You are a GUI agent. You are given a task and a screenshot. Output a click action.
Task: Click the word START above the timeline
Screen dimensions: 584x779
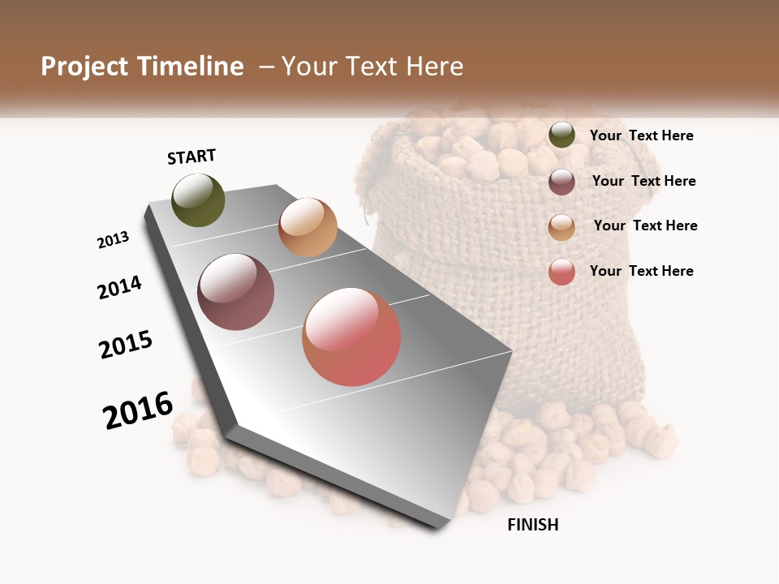(x=192, y=157)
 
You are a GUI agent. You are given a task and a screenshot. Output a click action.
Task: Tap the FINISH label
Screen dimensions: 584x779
(x=532, y=525)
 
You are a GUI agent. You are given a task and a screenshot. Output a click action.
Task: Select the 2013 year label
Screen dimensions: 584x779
(x=114, y=239)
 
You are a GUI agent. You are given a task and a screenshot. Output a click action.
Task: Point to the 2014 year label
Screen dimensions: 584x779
(x=119, y=287)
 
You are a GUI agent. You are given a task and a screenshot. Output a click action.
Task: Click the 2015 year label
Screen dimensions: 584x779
(x=126, y=345)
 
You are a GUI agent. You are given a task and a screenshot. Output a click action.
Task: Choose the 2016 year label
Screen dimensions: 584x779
(x=138, y=410)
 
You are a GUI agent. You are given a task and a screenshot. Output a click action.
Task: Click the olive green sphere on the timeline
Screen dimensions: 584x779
(x=199, y=200)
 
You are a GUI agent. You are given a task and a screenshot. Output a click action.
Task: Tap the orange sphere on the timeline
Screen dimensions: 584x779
(x=308, y=227)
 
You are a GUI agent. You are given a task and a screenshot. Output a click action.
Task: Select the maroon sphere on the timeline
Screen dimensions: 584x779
(x=236, y=292)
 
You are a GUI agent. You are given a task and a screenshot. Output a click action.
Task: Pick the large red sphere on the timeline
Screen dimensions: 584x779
(x=351, y=337)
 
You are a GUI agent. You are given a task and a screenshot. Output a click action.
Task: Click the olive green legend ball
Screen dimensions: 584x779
(x=562, y=135)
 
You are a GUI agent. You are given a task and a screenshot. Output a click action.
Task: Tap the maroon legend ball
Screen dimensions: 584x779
(x=562, y=182)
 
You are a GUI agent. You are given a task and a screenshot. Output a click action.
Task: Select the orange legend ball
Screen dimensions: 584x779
(x=562, y=227)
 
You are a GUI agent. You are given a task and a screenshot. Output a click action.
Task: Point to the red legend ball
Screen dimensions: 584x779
(x=562, y=272)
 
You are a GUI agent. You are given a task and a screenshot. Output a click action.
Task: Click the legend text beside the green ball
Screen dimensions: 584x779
(x=641, y=135)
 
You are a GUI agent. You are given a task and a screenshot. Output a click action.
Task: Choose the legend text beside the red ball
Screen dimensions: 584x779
(x=641, y=271)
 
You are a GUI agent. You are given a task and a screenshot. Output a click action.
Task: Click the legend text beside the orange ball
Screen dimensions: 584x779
(x=645, y=225)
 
